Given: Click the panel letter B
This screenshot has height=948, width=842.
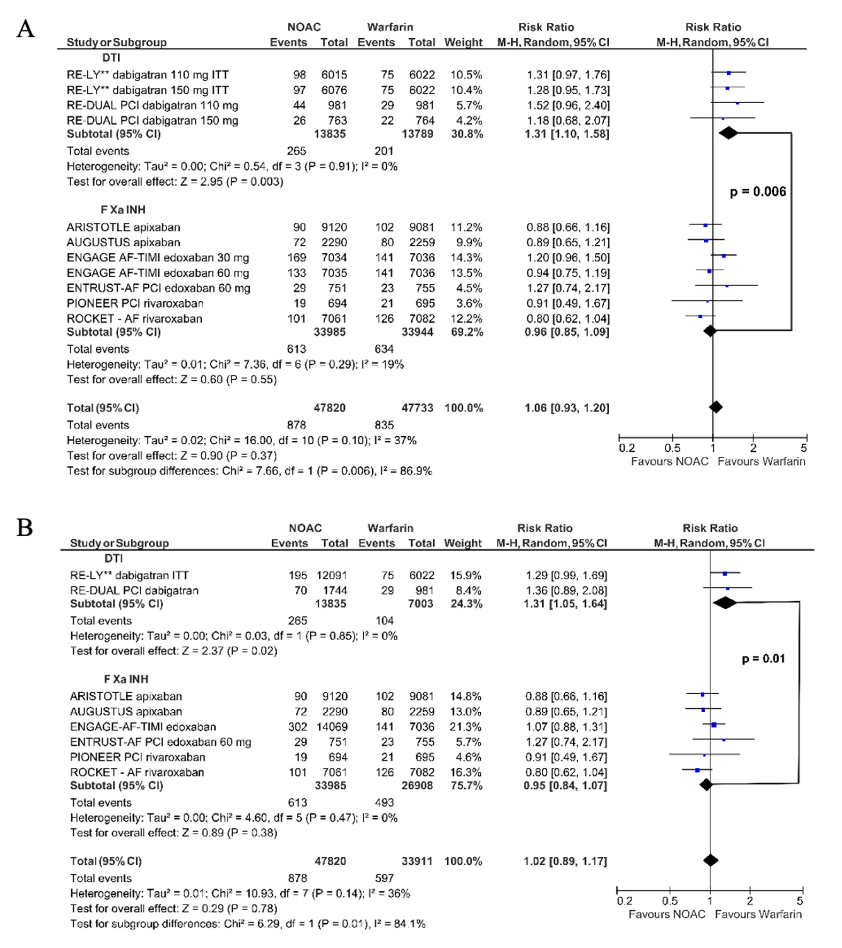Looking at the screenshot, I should click(x=25, y=528).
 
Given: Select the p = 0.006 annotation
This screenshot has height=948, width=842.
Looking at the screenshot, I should click(x=758, y=191).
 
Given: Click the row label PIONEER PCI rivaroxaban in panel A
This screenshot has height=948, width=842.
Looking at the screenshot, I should click(x=135, y=303).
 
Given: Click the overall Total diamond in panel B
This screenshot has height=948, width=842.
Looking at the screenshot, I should click(x=710, y=860).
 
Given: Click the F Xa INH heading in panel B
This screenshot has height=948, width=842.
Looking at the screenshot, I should click(x=126, y=679).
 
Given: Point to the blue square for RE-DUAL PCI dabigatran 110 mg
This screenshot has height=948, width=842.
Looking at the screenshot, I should click(x=737, y=103).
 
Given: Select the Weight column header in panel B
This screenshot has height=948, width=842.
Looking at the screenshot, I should click(x=462, y=543).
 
